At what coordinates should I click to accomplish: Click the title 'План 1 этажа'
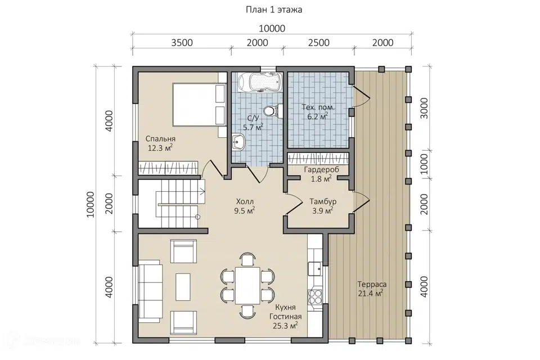274,10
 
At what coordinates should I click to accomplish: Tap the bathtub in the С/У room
260,82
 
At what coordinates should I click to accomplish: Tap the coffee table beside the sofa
183,287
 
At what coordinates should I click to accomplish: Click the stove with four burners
315,296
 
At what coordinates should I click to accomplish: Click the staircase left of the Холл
178,204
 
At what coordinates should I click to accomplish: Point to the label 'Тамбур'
323,201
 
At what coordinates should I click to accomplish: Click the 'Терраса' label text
372,285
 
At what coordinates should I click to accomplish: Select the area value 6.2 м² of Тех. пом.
317,116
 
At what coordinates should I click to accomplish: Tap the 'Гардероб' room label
321,169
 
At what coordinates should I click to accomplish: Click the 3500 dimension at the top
182,43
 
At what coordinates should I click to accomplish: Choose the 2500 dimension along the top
318,43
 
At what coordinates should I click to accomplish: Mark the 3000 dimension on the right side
424,108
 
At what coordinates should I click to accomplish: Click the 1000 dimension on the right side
424,164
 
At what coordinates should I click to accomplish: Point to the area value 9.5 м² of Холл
245,210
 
